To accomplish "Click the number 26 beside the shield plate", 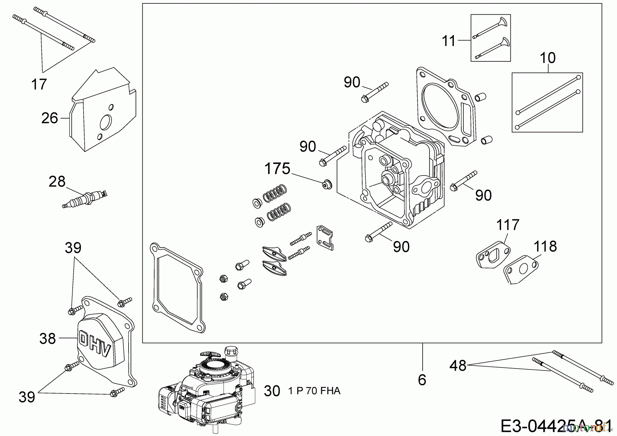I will pos(50,118).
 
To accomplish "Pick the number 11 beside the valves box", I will pos(449,41).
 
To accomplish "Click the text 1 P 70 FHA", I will pos(314,391).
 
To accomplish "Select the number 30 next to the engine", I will pos(272,391).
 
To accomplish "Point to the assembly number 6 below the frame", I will pos(422,380).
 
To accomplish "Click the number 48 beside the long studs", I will pos(458,366).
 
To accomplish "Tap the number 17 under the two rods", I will pos(39,84).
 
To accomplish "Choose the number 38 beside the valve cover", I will pos(47,339).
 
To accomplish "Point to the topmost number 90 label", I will pos(352,83).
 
